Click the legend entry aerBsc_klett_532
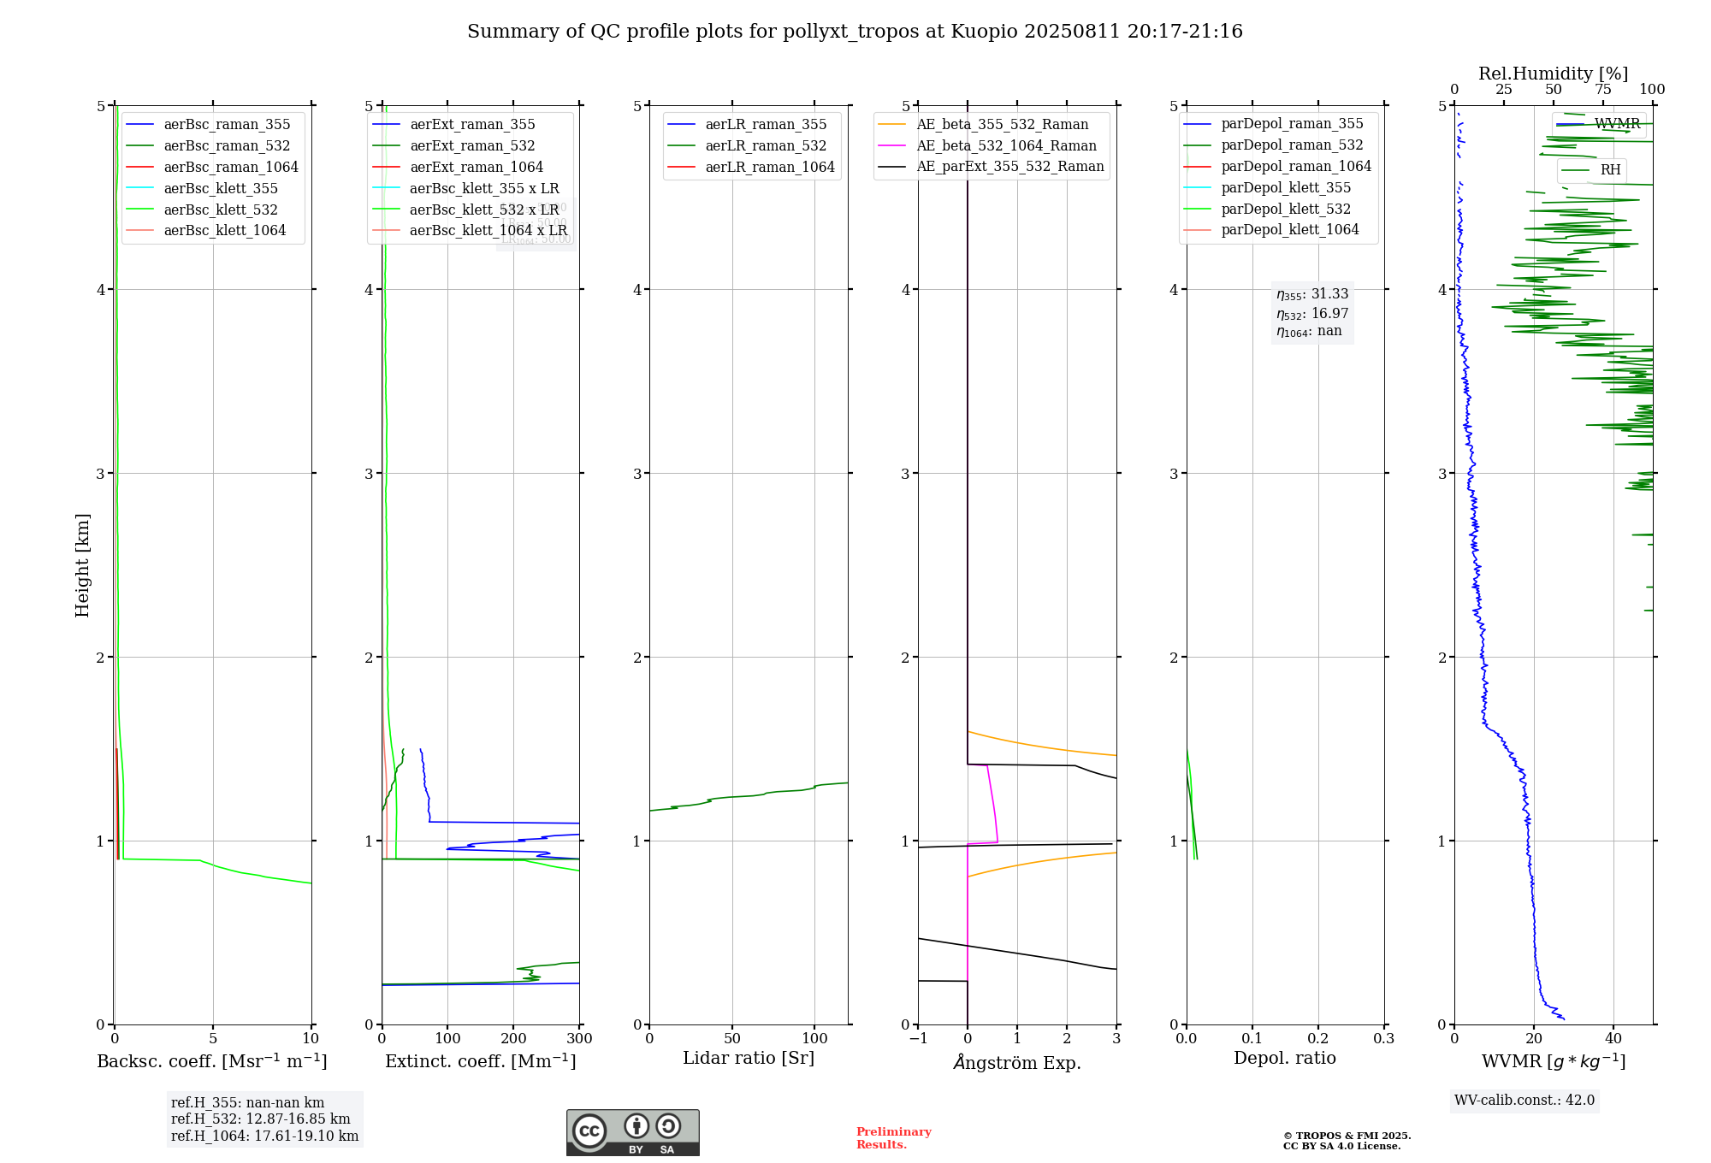click(x=221, y=210)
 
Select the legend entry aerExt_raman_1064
click(x=477, y=167)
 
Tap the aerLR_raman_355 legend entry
click(x=766, y=125)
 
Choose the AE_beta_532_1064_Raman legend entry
click(x=1006, y=145)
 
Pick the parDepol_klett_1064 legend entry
click(x=1290, y=229)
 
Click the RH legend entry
click(x=1610, y=170)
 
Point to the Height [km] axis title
click(x=82, y=564)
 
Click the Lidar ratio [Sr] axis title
click(x=749, y=1058)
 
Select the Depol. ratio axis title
click(x=1284, y=1058)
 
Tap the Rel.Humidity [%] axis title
click(x=1553, y=74)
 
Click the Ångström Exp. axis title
click(x=1017, y=1062)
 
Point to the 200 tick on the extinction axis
click(x=513, y=1038)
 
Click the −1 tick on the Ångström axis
click(x=918, y=1038)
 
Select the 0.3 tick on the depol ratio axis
click(x=1383, y=1038)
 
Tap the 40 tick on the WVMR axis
click(x=1613, y=1038)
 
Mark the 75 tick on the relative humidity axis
click(x=1603, y=90)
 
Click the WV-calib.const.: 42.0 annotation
click(x=1525, y=1100)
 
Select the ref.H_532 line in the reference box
click(x=261, y=1119)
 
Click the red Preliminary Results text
click(x=893, y=1137)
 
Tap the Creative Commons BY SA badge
click(x=632, y=1132)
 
